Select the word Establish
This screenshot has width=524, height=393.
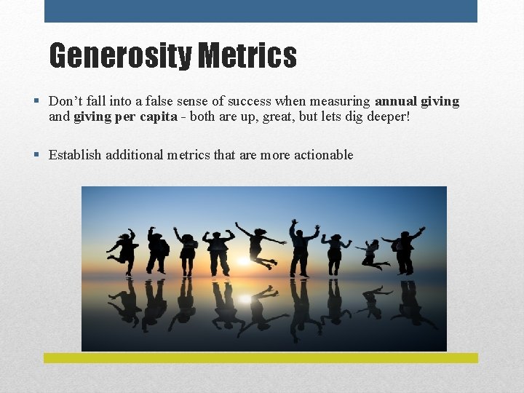pos(75,154)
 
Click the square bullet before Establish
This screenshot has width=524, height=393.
pos(36,154)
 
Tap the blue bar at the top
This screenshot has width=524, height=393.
pos(261,11)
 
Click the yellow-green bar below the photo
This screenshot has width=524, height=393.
pos(261,358)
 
